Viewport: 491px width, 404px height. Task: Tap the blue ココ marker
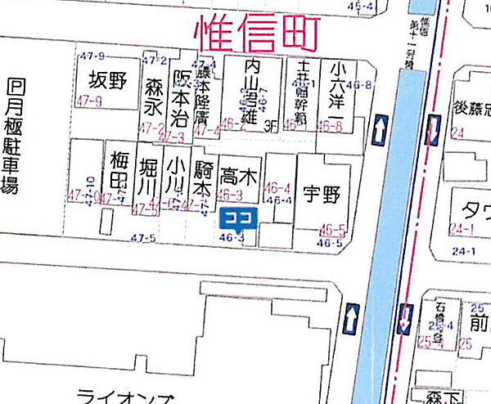tap(239, 218)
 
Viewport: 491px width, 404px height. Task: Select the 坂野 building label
tap(110, 81)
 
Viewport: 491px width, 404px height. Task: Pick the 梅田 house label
tap(119, 168)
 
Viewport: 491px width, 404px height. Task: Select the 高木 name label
tap(238, 174)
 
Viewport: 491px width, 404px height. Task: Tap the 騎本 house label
tap(203, 175)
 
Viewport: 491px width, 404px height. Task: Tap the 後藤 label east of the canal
tap(471, 107)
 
